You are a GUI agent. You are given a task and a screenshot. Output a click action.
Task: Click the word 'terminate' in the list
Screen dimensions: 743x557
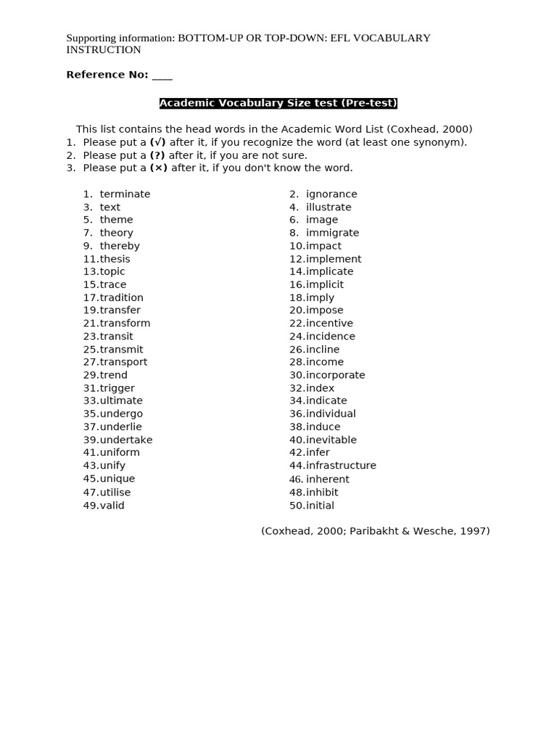(x=125, y=194)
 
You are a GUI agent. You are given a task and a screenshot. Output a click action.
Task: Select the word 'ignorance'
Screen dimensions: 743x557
(x=331, y=194)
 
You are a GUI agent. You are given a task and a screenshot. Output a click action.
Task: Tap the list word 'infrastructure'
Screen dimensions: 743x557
(x=341, y=465)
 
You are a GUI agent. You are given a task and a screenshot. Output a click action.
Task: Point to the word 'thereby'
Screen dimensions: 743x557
(x=120, y=245)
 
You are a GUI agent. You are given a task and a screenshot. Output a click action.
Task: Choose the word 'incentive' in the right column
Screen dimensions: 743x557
(x=329, y=323)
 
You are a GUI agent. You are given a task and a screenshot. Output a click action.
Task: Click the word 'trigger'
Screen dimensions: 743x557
(x=117, y=387)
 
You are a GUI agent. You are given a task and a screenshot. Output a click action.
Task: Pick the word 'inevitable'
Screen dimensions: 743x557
(x=331, y=439)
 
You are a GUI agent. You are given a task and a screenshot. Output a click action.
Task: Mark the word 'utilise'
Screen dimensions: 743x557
(x=115, y=491)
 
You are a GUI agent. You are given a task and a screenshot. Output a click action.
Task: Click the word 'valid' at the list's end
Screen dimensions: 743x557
(x=112, y=505)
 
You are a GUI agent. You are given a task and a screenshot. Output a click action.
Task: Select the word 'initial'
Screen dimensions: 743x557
(x=320, y=505)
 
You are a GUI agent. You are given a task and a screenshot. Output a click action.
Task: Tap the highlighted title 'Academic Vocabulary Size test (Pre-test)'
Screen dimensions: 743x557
(x=278, y=103)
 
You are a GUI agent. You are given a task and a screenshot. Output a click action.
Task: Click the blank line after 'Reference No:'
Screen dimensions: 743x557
(x=162, y=75)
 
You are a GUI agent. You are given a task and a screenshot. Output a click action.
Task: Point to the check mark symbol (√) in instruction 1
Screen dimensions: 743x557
(x=158, y=142)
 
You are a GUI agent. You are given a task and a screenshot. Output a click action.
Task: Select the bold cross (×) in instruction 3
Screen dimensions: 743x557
(x=158, y=168)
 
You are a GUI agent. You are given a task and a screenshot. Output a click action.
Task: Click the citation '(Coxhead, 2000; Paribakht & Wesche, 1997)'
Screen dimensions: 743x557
(x=376, y=530)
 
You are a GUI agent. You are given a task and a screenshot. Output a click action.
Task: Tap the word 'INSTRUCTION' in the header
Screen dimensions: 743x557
(x=104, y=50)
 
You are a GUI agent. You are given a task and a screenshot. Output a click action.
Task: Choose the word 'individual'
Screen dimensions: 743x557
(x=331, y=414)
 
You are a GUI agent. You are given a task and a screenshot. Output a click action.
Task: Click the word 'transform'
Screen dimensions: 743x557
(x=125, y=323)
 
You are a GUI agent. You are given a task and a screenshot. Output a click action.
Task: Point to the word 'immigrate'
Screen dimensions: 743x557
(x=332, y=232)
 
